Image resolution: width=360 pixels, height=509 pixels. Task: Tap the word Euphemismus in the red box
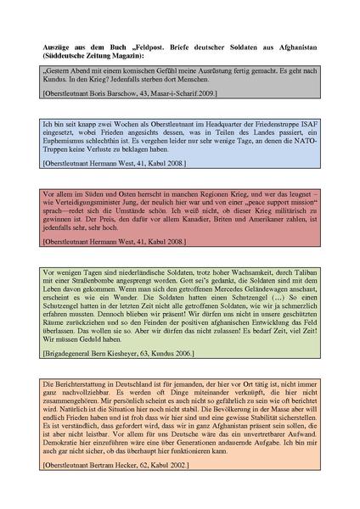64,213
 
